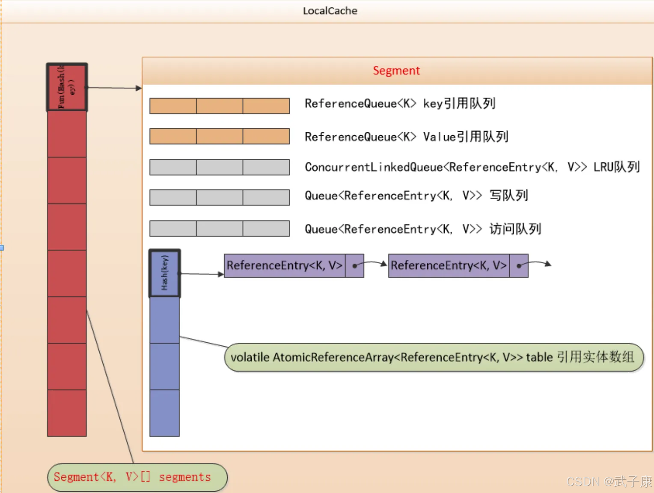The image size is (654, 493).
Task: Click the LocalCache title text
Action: click(x=330, y=11)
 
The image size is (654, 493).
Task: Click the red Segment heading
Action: click(x=396, y=71)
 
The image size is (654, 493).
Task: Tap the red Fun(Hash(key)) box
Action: click(x=67, y=87)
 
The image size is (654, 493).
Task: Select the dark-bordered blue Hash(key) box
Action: click(x=165, y=273)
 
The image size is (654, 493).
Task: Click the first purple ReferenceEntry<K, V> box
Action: click(x=285, y=266)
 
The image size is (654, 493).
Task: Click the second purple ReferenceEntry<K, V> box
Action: click(x=449, y=266)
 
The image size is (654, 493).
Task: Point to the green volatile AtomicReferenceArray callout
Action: click(x=434, y=357)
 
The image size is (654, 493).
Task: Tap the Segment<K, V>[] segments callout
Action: click(x=137, y=477)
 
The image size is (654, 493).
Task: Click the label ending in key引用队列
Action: click(x=400, y=104)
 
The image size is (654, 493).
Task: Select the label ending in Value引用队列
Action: click(x=406, y=137)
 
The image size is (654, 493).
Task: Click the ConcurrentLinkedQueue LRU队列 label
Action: click(x=472, y=167)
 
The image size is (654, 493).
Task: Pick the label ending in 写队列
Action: click(x=416, y=196)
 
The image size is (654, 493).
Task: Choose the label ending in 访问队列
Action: click(x=423, y=229)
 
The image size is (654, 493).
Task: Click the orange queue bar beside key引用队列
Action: click(x=220, y=106)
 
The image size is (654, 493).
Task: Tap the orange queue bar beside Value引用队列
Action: click(x=220, y=136)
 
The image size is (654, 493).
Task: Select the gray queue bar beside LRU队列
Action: click(x=220, y=167)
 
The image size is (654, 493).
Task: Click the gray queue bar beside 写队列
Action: click(x=220, y=198)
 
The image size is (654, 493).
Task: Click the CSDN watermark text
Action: click(x=609, y=482)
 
